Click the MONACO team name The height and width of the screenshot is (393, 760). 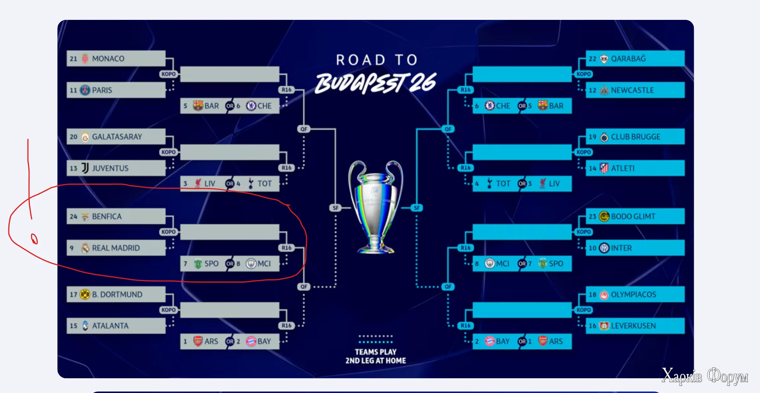point(108,59)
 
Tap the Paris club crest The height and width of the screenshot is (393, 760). point(85,90)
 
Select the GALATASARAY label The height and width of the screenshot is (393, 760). point(117,137)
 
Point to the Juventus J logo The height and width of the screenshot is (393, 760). point(85,168)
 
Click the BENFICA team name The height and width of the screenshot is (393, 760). point(107,216)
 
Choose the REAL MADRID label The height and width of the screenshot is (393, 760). point(116,248)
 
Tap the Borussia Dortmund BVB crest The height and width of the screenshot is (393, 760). point(85,294)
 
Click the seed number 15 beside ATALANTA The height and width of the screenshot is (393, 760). point(74,326)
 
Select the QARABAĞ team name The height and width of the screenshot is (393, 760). point(628,59)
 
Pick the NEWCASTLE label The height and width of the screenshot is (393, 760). point(632,90)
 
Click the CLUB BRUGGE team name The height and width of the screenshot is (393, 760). point(635,137)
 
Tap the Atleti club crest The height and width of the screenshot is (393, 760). point(604,168)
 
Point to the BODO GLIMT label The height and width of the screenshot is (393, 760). point(633,216)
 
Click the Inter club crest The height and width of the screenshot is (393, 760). point(604,248)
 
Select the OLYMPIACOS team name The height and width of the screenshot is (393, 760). point(633,294)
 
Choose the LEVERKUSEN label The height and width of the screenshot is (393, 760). point(633,326)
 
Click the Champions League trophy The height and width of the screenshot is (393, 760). point(375,207)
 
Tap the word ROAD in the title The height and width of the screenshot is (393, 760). point(361,60)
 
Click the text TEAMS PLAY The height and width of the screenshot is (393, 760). point(376,352)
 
